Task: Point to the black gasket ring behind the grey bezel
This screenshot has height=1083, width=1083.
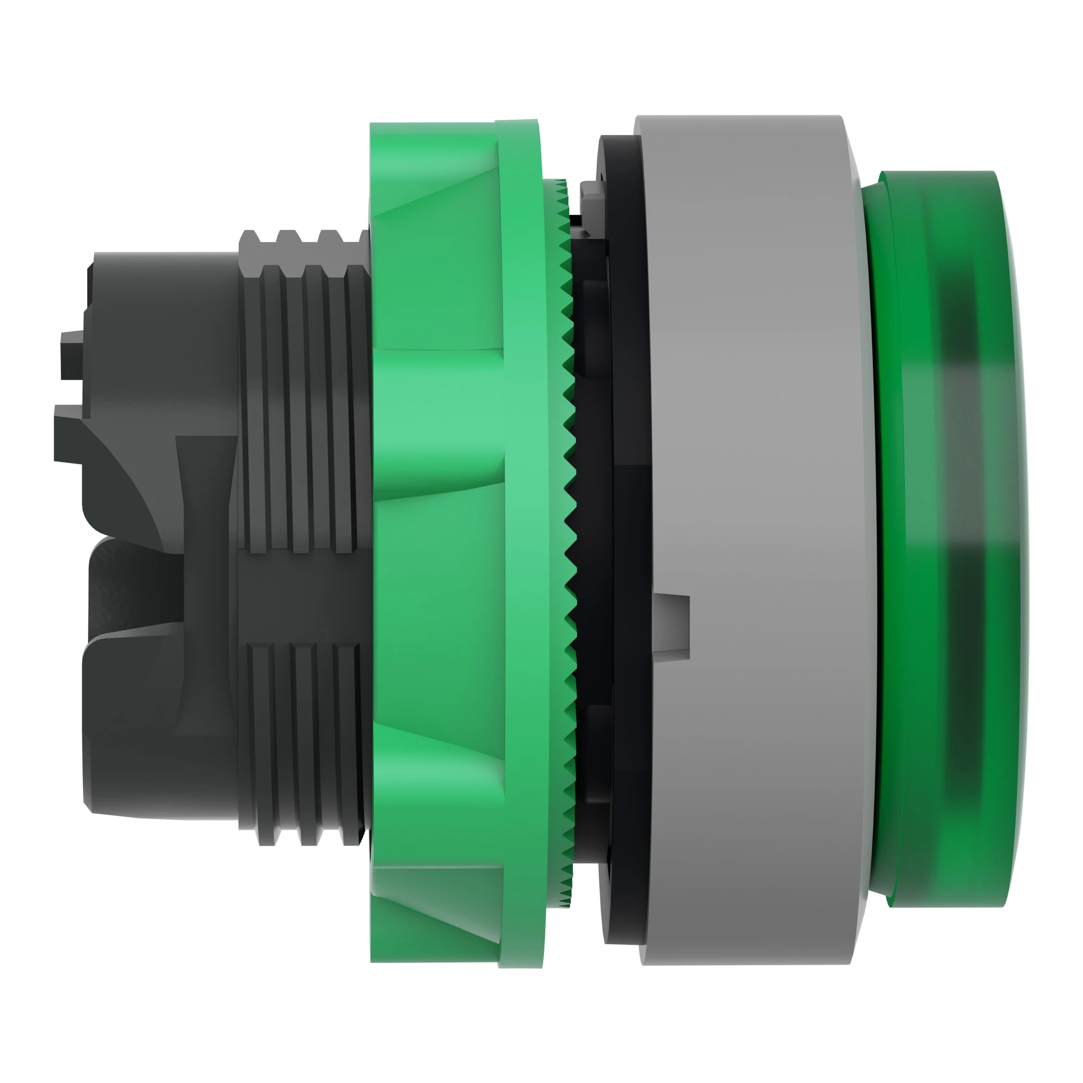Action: point(617,505)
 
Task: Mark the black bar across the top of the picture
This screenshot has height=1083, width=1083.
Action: point(541,31)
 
